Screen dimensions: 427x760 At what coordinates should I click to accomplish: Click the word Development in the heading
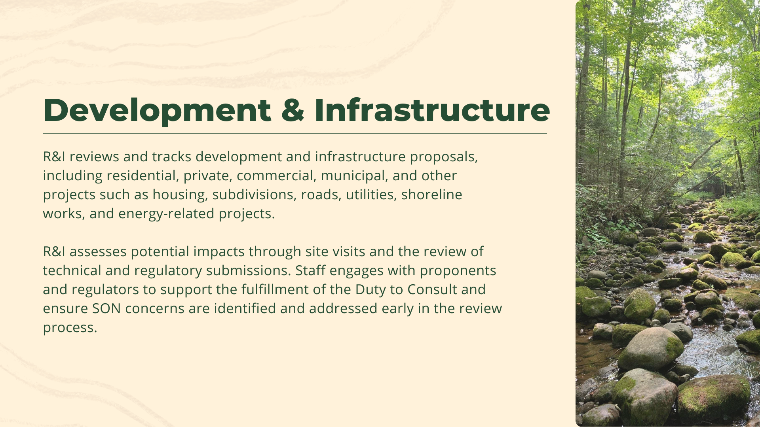157,110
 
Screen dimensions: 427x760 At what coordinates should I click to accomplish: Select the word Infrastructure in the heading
432,110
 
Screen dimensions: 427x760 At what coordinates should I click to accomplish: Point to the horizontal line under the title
294,134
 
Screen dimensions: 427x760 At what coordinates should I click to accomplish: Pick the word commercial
276,176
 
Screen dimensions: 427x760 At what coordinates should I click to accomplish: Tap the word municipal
354,176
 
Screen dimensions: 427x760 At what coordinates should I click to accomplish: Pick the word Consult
432,289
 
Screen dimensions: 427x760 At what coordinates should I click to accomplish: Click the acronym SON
106,308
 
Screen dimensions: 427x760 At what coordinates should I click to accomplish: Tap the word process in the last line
70,327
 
